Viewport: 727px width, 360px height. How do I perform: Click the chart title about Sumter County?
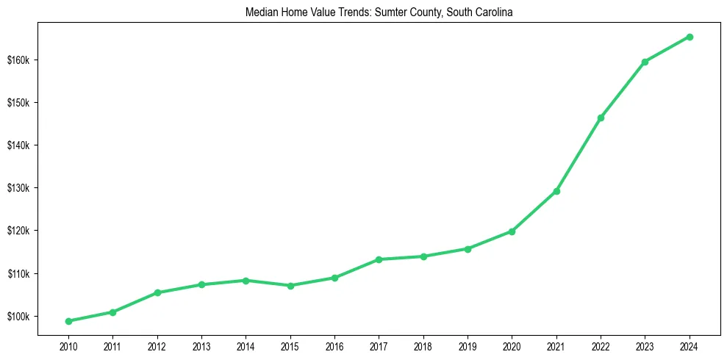coord(379,12)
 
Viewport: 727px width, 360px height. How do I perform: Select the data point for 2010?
coord(68,321)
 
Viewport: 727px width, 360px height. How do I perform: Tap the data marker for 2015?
coord(290,286)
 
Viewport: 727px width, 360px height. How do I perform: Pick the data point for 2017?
coord(379,259)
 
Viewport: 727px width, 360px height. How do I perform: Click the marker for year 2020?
coord(512,231)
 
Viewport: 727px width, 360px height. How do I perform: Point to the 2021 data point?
coord(556,191)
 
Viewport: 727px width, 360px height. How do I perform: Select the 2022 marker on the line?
coord(601,118)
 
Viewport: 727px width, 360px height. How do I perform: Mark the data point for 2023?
coord(645,62)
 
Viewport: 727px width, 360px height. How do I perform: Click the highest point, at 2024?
coord(690,37)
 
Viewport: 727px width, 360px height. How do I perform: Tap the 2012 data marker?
coord(157,292)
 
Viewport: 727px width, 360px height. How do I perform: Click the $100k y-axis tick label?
coord(18,317)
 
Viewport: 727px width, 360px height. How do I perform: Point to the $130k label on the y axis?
coord(18,188)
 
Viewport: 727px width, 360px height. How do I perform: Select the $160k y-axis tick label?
coord(18,60)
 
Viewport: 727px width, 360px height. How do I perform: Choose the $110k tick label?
coord(18,274)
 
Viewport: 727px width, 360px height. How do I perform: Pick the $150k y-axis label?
coord(18,102)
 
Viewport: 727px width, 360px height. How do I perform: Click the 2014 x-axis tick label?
coord(246,345)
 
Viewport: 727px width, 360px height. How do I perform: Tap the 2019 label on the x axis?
coord(468,345)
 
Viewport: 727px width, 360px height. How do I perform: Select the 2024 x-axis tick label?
coord(690,345)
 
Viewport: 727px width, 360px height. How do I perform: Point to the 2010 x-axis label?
coord(68,345)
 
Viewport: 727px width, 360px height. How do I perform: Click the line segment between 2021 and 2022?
coord(579,154)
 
